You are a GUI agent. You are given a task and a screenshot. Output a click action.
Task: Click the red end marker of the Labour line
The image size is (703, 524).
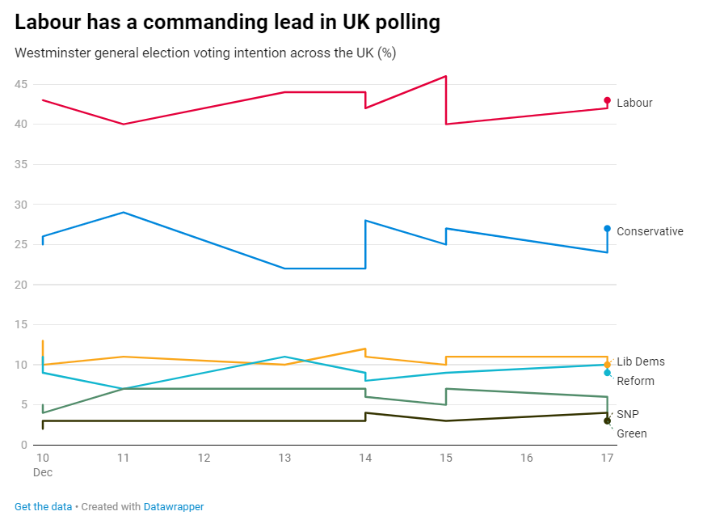[607, 101]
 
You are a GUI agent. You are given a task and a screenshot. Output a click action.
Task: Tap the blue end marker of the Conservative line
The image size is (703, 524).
[607, 229]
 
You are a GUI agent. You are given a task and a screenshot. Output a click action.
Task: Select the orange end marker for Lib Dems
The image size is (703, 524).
[607, 365]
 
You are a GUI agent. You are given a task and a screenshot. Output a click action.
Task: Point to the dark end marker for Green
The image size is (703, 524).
[607, 420]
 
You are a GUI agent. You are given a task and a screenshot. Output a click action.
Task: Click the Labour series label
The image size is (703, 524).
[634, 103]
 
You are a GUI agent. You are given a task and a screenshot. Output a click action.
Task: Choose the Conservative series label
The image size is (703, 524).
[650, 231]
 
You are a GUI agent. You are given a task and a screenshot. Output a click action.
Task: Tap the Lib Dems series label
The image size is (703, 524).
[641, 361]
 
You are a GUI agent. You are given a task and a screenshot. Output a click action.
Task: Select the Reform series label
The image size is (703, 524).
[635, 381]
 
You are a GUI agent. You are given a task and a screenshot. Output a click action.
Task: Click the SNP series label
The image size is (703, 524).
[628, 414]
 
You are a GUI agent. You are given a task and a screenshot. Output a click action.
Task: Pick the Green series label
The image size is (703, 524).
[631, 433]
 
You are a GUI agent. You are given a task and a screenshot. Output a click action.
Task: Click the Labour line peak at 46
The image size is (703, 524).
[446, 76]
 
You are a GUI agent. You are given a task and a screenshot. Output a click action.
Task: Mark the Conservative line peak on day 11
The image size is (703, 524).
[123, 212]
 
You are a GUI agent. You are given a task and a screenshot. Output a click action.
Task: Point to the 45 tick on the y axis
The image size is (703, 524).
[21, 84]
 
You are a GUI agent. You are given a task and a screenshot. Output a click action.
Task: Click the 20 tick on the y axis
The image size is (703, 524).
[21, 285]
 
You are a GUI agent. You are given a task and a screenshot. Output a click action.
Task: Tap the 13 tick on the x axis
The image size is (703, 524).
[284, 458]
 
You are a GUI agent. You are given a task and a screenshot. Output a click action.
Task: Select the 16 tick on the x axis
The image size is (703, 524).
[527, 458]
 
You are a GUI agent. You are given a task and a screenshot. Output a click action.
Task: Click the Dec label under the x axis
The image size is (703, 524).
[43, 471]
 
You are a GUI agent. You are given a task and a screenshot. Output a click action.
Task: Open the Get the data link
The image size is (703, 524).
[43, 507]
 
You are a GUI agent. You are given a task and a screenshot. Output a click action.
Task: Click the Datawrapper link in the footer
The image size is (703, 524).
[174, 507]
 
